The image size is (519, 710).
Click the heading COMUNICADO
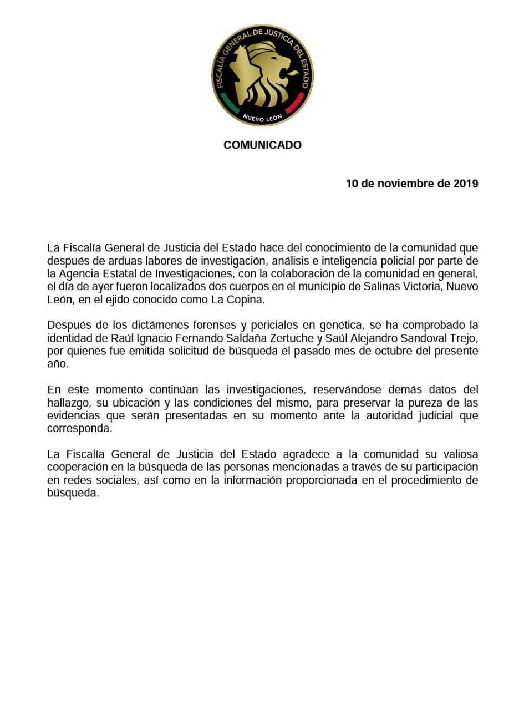(262, 145)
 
